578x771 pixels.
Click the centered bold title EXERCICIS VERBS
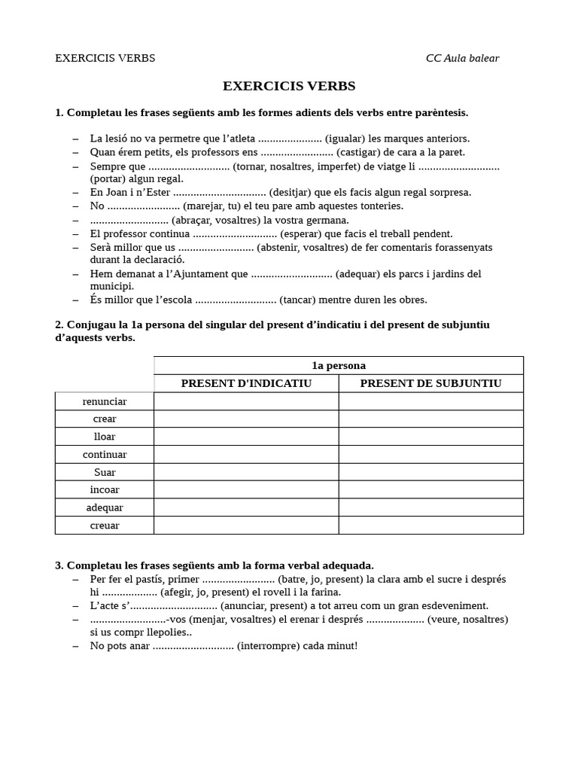pyautogui.click(x=289, y=86)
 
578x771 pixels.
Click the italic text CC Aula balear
pyautogui.click(x=462, y=58)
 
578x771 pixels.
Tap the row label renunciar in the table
pyautogui.click(x=105, y=401)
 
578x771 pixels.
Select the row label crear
pyautogui.click(x=105, y=419)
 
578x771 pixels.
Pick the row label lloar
pyautogui.click(x=105, y=437)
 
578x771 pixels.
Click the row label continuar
pyautogui.click(x=105, y=454)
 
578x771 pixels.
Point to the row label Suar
pyautogui.click(x=105, y=472)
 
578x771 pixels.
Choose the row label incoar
pyautogui.click(x=105, y=489)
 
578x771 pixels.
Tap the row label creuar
pyautogui.click(x=105, y=525)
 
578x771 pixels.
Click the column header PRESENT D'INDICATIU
pyautogui.click(x=246, y=383)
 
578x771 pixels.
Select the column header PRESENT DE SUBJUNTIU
pyautogui.click(x=430, y=383)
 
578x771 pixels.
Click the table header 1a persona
pyautogui.click(x=339, y=365)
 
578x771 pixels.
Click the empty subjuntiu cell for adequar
pyautogui.click(x=430, y=507)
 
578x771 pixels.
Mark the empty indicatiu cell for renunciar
pyautogui.click(x=246, y=401)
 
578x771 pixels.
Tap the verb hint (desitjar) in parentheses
pyautogui.click(x=292, y=192)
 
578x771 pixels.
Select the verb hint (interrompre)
pyautogui.click(x=271, y=646)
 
